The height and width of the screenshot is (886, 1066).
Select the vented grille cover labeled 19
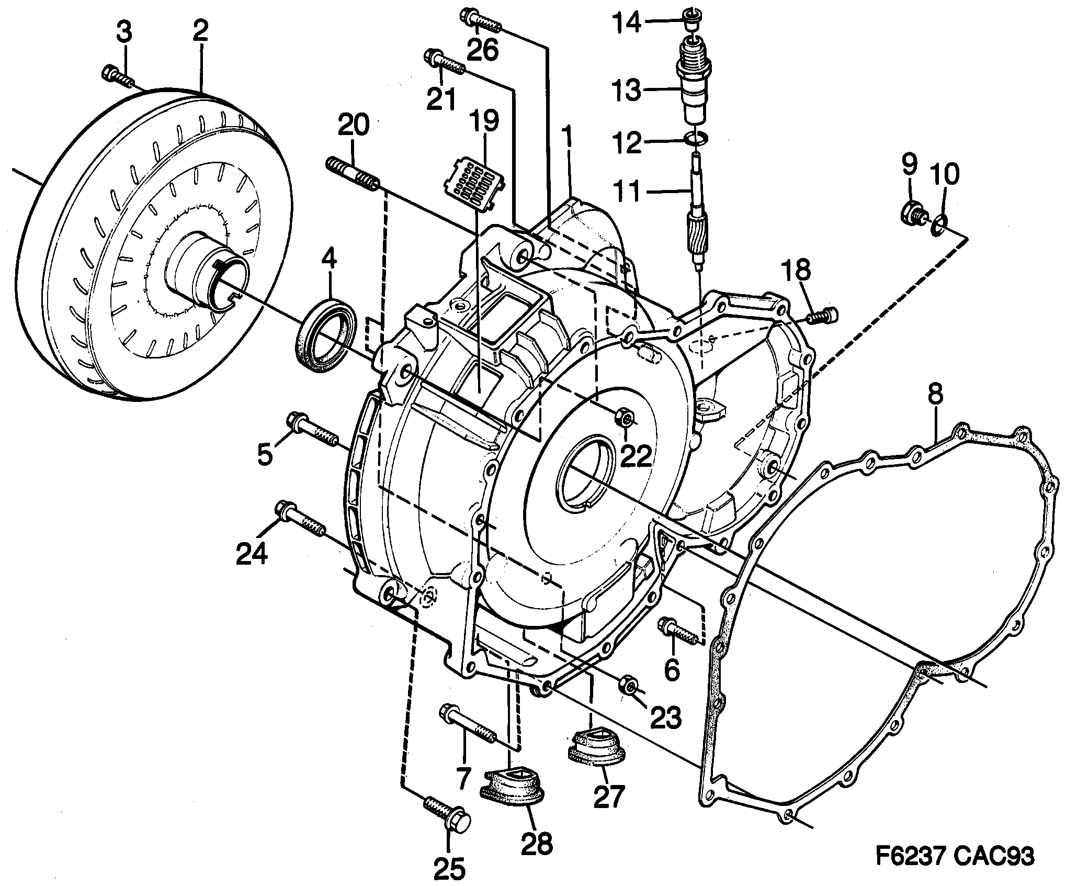click(474, 183)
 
